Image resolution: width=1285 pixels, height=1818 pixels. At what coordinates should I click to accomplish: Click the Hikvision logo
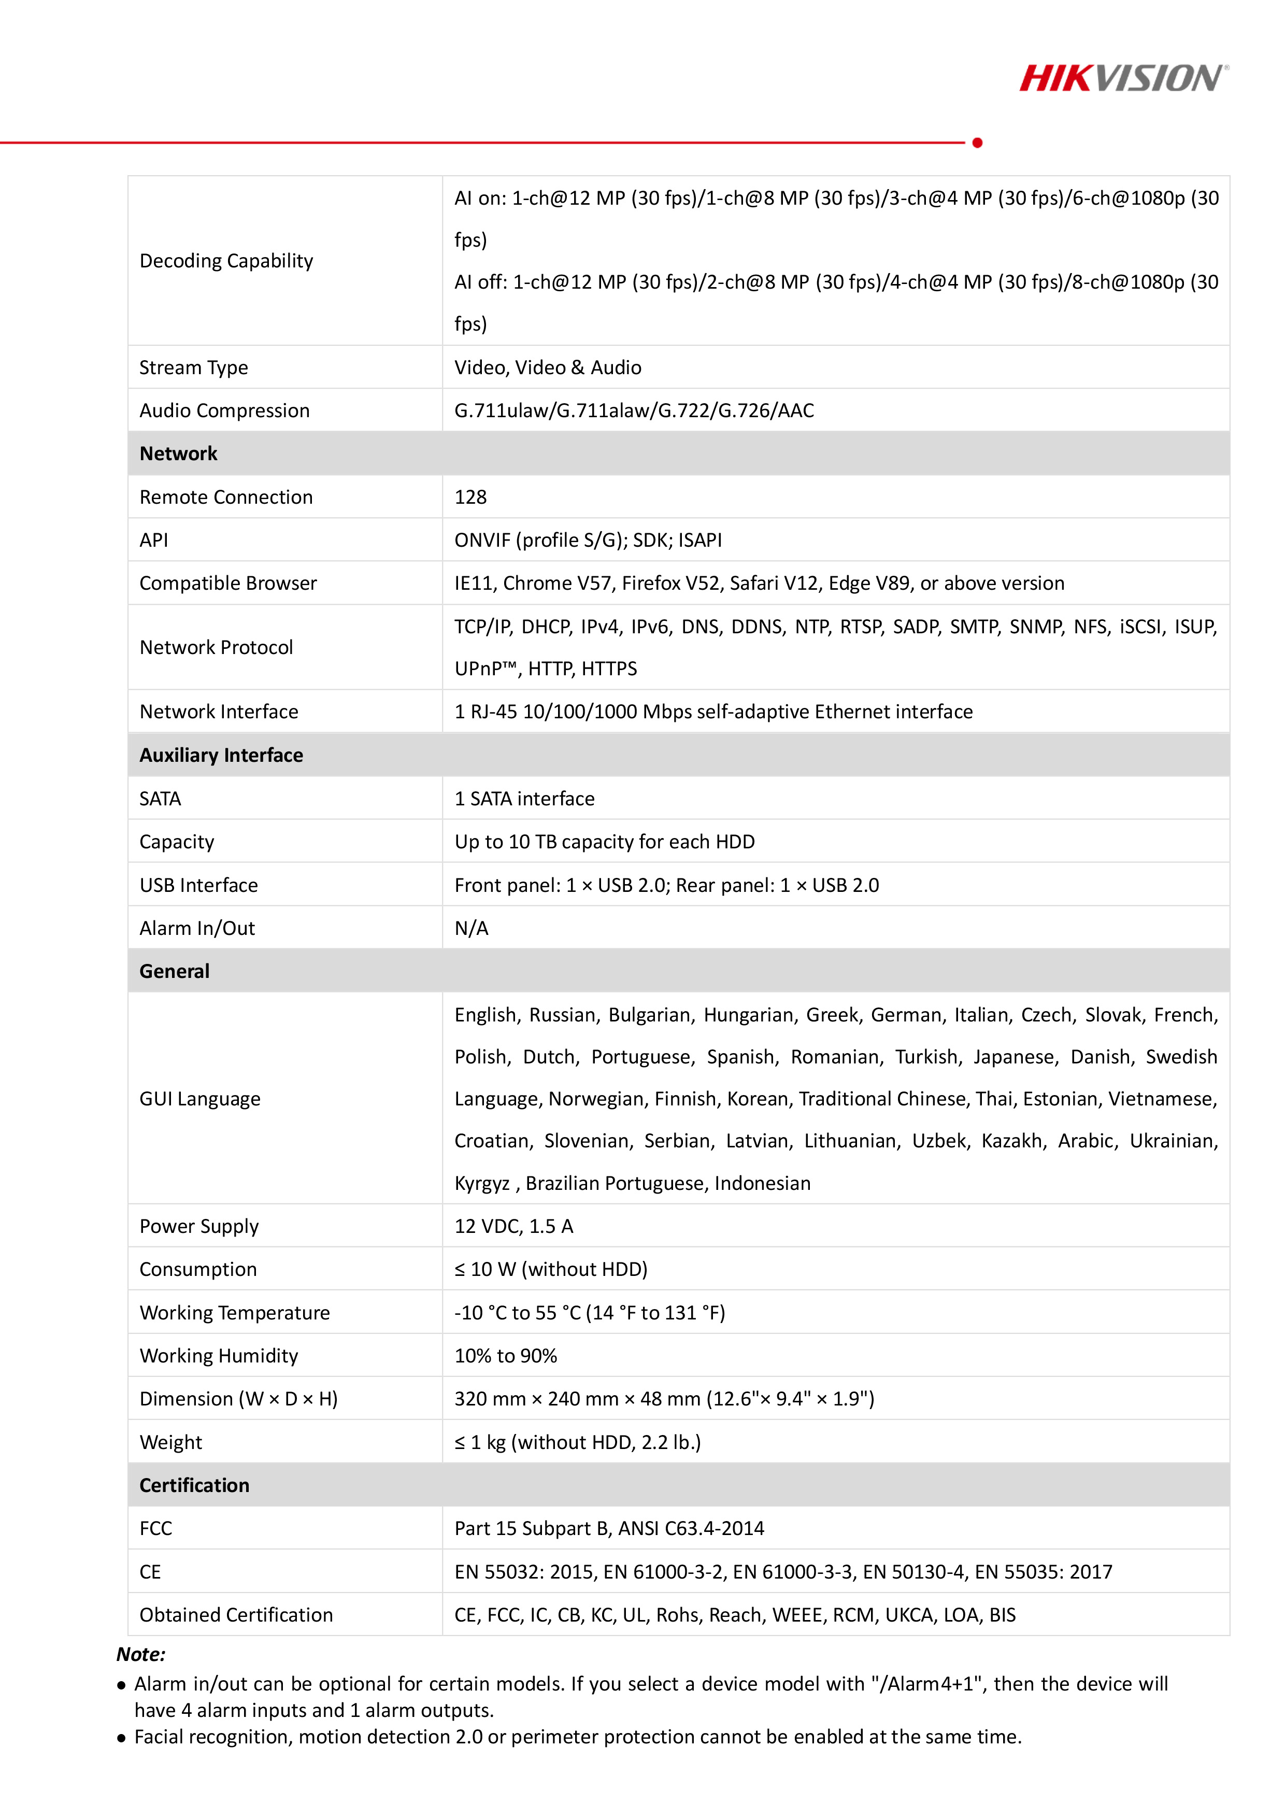1123,78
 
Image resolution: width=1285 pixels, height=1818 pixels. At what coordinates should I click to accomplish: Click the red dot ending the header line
977,143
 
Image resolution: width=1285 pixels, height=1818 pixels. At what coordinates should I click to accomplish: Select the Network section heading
178,453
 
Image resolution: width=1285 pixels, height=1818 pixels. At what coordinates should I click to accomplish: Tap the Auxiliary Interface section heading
221,756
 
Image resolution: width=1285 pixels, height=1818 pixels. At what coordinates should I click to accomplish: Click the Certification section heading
194,1485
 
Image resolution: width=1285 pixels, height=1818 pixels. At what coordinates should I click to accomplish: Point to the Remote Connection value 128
470,498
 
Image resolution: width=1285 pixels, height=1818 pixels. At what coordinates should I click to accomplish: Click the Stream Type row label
193,367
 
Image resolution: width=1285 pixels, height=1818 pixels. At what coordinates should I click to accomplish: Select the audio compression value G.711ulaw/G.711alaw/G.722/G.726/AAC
633,410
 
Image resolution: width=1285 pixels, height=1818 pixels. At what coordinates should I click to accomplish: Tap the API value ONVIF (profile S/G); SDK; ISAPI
588,540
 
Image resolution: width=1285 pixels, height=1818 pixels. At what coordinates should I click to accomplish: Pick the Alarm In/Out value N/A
471,928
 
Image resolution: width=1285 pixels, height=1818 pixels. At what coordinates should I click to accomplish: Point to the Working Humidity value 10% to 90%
505,1356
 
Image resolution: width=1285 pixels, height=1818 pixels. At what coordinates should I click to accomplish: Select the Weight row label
170,1442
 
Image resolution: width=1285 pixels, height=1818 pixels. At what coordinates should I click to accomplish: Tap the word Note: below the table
141,1654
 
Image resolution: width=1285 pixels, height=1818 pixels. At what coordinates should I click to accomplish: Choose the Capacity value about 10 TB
604,842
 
